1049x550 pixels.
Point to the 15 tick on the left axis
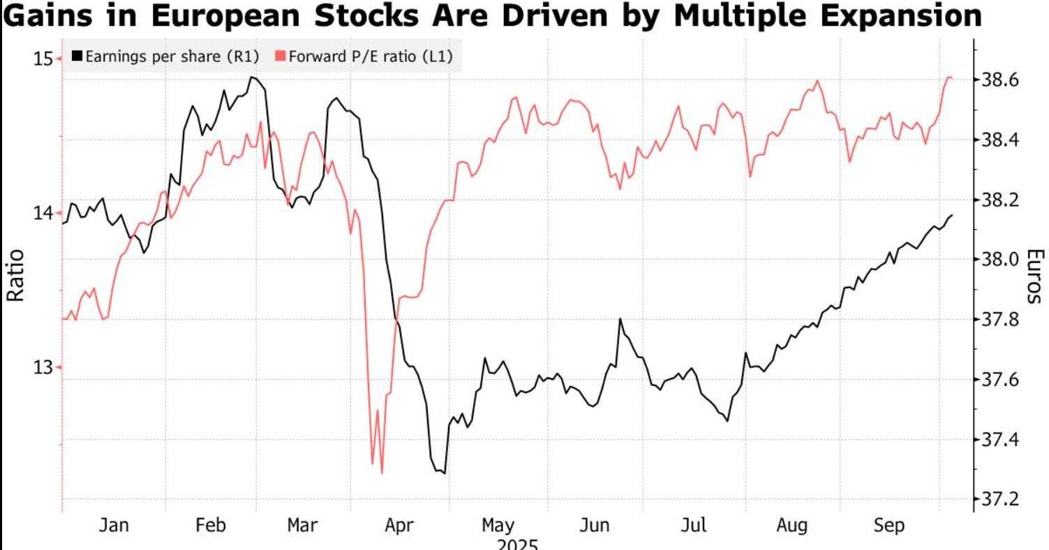(43, 59)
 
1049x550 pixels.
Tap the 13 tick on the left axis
(43, 367)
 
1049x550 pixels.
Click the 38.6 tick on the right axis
(999, 80)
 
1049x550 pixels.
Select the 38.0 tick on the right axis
(999, 260)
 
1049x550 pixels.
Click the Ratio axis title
(15, 276)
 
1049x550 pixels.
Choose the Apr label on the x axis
(399, 526)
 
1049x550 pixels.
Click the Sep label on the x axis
(889, 526)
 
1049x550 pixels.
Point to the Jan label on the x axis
(113, 526)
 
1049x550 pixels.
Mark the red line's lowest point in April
(382, 473)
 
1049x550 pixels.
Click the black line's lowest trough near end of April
(444, 473)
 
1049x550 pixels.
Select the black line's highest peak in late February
(252, 77)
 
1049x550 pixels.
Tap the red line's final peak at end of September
(948, 77)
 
